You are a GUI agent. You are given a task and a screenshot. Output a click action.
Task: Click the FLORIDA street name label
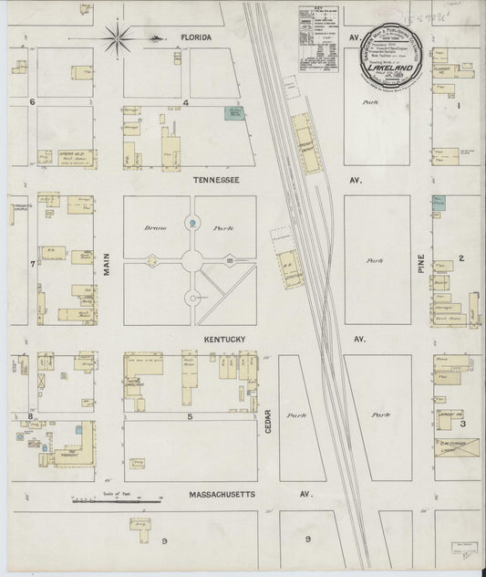click(196, 37)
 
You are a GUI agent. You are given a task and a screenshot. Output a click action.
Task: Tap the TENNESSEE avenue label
click(216, 181)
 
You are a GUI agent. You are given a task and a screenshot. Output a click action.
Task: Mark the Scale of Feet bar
click(117, 499)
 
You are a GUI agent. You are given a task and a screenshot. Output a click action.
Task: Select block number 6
click(32, 102)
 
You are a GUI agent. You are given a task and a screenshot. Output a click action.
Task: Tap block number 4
click(185, 102)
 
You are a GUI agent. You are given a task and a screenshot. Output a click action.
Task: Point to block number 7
click(32, 265)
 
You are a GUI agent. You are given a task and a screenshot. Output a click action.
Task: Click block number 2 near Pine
click(462, 258)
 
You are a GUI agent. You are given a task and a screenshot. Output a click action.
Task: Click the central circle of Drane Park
click(191, 260)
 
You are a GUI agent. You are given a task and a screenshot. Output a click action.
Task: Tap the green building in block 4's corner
click(235, 113)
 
